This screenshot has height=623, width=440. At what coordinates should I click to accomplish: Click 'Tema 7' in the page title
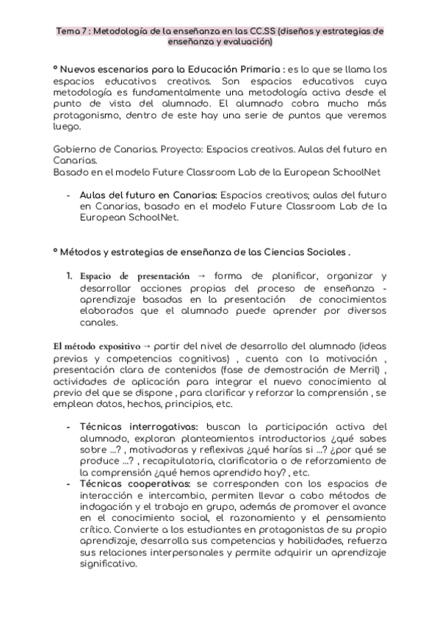click(x=71, y=32)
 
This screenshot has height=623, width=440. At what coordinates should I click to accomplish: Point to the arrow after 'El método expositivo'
click(x=146, y=345)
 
